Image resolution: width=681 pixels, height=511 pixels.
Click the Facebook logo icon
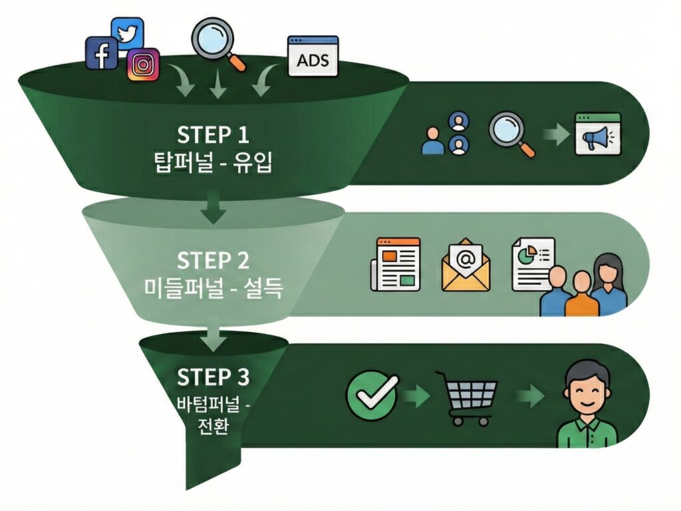[x=102, y=53]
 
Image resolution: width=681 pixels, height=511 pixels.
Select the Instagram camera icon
[x=143, y=65]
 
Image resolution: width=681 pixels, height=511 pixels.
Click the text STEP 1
[x=213, y=135]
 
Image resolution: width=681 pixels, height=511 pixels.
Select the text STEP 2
[x=213, y=259]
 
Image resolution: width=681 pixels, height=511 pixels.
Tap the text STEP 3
[x=213, y=377]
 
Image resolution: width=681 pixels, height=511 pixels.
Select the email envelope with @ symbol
[x=466, y=264]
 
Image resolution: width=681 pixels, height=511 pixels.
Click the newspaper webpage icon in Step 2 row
[x=395, y=263]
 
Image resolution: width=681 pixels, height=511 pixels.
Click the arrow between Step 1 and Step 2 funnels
[x=213, y=206]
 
